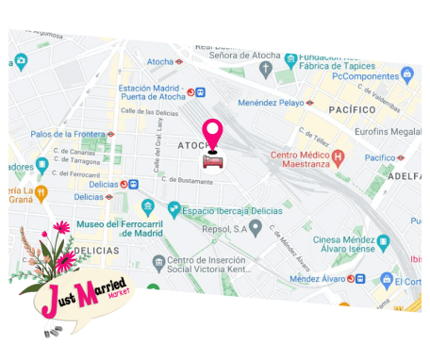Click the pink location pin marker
(213, 133)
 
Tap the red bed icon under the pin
(214, 161)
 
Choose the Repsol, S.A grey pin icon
(256, 226)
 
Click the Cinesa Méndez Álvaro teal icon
(383, 241)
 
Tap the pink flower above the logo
(62, 227)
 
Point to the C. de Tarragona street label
(76, 160)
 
